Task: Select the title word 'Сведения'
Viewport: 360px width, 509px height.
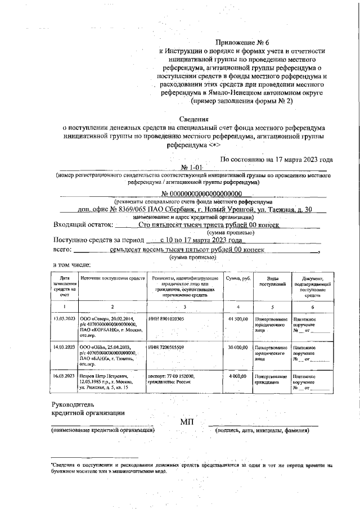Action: pyautogui.click(x=194, y=119)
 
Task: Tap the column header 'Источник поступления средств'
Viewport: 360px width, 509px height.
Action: pyautogui.click(x=112, y=278)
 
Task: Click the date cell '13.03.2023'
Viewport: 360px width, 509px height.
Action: pyautogui.click(x=64, y=319)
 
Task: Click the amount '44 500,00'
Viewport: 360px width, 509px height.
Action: pyautogui.click(x=237, y=319)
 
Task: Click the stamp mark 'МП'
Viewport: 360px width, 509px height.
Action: pyautogui.click(x=187, y=422)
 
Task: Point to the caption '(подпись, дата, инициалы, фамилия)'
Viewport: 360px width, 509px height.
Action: pyautogui.click(x=262, y=431)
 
